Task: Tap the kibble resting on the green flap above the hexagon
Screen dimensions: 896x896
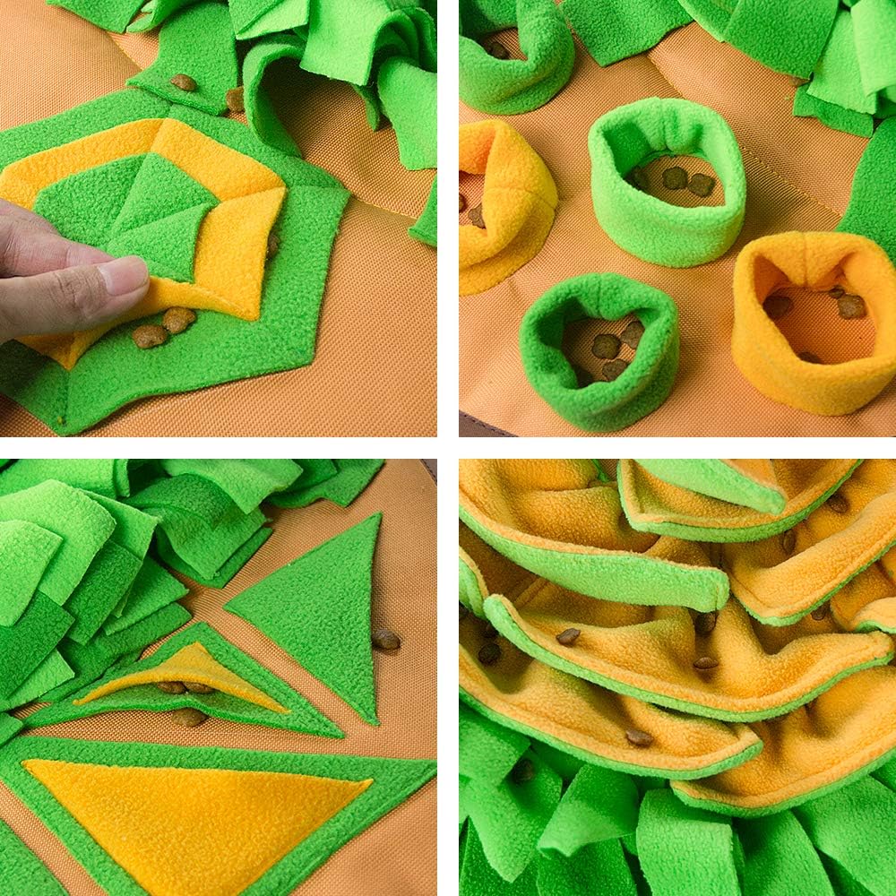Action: point(184,82)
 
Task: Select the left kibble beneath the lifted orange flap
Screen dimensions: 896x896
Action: point(150,336)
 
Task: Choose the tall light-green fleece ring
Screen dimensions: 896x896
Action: point(667,179)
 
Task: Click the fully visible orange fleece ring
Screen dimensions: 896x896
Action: point(812,318)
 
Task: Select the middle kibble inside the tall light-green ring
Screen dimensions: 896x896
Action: point(675,177)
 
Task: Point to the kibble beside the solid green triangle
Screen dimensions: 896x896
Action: point(386,639)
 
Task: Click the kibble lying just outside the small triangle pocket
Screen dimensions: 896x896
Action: point(188,717)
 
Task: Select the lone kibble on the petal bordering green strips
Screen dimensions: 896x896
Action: point(638,737)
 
